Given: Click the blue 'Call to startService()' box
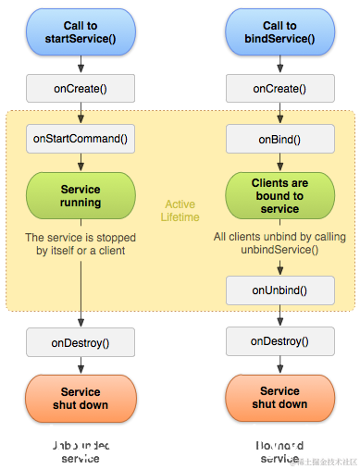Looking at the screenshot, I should (x=81, y=32).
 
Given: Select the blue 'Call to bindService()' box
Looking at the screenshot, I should (x=279, y=32).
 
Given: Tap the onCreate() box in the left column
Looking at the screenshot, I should (x=81, y=89).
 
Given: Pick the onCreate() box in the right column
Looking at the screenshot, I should (x=279, y=89).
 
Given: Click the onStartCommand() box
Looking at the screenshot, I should (x=81, y=139).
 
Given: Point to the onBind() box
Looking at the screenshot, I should (x=279, y=139).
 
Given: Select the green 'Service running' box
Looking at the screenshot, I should (x=81, y=195).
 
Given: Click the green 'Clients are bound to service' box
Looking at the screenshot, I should (x=279, y=195).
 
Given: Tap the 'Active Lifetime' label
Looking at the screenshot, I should (x=180, y=211).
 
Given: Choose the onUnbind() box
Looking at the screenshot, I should (x=279, y=290).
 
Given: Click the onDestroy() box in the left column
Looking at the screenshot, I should (x=81, y=342).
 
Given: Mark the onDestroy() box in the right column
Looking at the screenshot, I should (x=279, y=341).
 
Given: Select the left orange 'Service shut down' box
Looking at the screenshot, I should (x=81, y=398).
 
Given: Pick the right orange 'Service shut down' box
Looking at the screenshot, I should (x=279, y=398).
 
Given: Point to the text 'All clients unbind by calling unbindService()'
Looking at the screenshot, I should (x=279, y=243).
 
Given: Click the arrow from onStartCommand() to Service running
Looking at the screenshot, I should (x=81, y=161).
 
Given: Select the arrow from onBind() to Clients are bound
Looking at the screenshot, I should (x=279, y=161).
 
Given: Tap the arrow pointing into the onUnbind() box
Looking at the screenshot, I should (x=279, y=265).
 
